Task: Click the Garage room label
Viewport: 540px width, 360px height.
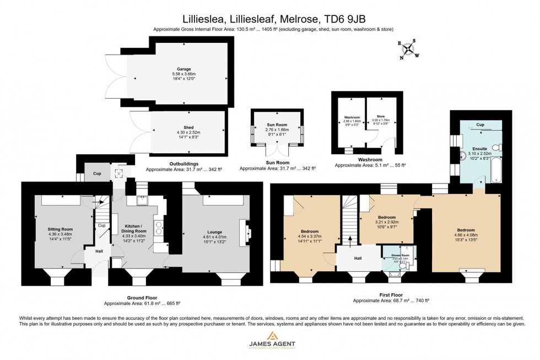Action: (176, 69)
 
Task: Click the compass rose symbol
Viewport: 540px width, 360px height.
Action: (408, 48)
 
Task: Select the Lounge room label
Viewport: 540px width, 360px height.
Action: (215, 232)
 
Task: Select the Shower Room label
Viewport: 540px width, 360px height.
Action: (399, 255)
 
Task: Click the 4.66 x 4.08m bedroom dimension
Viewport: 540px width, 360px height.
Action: (466, 235)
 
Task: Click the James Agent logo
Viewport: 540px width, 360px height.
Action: (269, 343)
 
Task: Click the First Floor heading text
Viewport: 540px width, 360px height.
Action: (391, 295)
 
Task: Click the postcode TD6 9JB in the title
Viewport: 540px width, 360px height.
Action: (344, 18)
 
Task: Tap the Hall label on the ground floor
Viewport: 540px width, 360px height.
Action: (99, 251)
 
